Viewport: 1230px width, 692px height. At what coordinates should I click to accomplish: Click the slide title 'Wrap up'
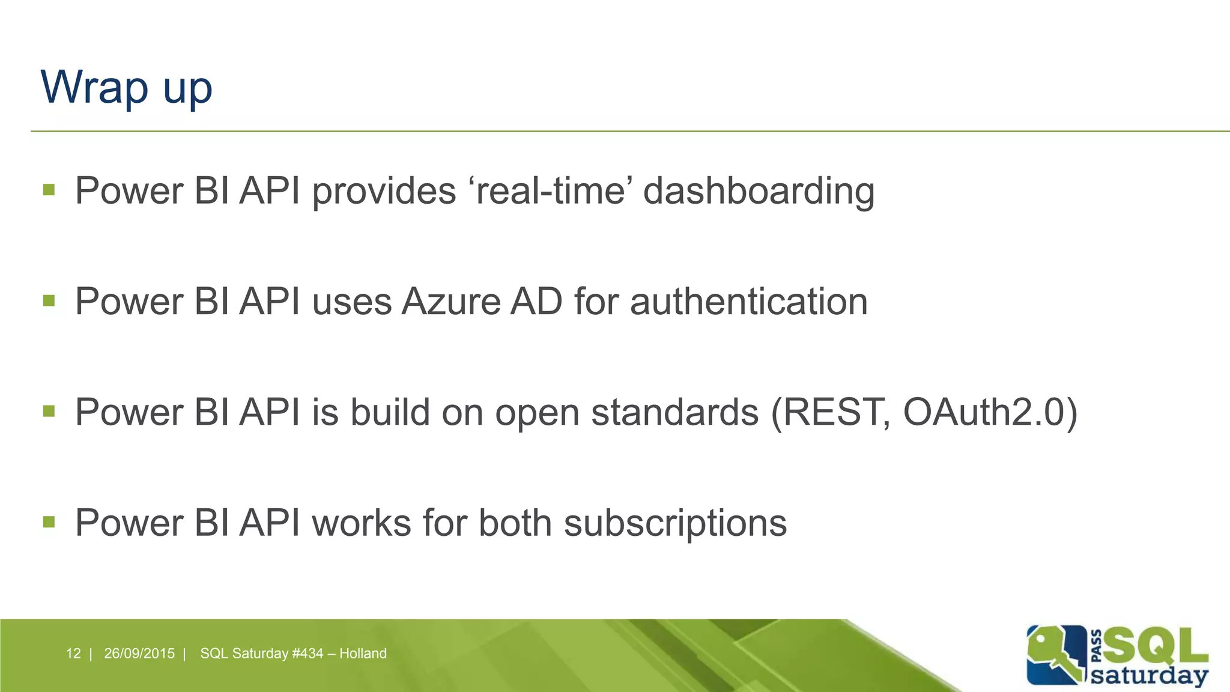click(x=126, y=88)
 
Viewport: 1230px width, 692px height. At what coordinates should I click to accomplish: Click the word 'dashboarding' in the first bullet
click(x=759, y=191)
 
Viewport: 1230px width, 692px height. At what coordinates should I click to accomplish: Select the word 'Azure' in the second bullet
click(x=450, y=302)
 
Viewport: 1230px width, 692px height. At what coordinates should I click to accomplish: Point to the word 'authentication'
click(x=749, y=302)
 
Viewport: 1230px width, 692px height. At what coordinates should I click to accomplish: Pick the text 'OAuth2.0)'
click(x=990, y=413)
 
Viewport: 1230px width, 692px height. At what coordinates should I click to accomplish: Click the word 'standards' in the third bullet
click(x=675, y=413)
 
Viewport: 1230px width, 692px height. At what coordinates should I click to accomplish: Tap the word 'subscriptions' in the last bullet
click(x=675, y=523)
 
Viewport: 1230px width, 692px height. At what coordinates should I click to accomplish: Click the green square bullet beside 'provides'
click(x=49, y=190)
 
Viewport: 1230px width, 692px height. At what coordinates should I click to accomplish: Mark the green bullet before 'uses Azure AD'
click(x=49, y=300)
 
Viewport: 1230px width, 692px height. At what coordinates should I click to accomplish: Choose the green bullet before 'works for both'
click(x=49, y=522)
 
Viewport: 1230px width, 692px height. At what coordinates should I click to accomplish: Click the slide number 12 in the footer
click(x=73, y=654)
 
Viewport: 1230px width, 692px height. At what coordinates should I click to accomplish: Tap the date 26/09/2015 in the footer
click(x=139, y=654)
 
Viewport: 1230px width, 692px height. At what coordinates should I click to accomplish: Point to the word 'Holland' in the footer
click(x=363, y=654)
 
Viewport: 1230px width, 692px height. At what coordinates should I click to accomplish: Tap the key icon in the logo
click(x=1054, y=655)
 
